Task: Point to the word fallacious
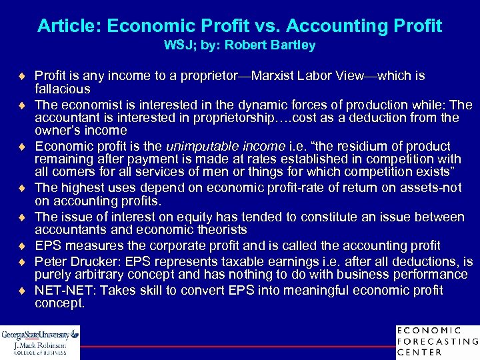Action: click(62, 89)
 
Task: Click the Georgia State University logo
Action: click(39, 342)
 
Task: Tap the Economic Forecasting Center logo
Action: click(437, 341)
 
